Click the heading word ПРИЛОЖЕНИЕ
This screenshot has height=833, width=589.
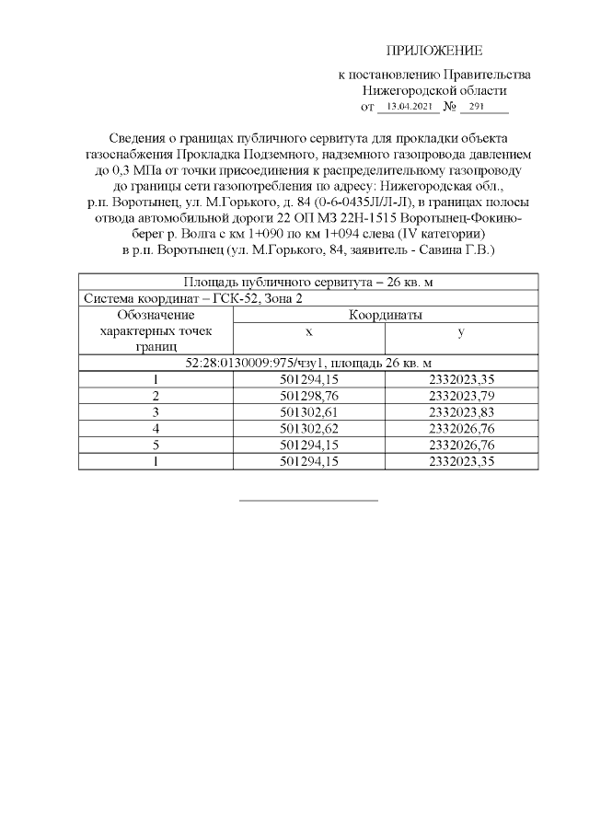[433, 51]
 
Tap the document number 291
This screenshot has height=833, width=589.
[477, 108]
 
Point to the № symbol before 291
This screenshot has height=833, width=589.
[450, 108]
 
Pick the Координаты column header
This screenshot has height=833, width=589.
[385, 315]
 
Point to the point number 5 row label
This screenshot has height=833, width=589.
[156, 445]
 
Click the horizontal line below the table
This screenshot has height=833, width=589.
[308, 501]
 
